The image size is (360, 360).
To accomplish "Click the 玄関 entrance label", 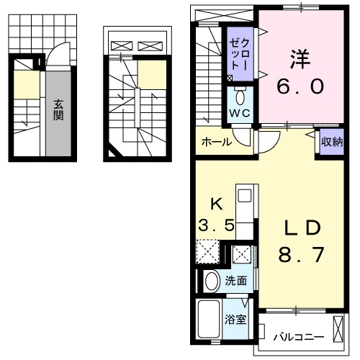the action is click(x=58, y=110).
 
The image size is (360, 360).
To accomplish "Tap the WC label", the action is click(x=240, y=113).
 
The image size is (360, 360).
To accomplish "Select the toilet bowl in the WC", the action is click(x=240, y=97).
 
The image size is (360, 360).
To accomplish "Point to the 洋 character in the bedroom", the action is click(x=300, y=59).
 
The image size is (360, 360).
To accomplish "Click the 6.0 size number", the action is click(x=300, y=86).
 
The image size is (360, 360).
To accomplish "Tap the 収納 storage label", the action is click(x=332, y=142).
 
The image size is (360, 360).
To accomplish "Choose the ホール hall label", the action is click(x=217, y=142).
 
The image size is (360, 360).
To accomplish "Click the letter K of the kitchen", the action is click(x=217, y=204).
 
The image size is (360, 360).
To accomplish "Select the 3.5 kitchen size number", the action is click(x=216, y=225).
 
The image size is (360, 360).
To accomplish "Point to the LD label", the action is click(x=302, y=228).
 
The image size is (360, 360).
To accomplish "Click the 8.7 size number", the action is click(x=302, y=255).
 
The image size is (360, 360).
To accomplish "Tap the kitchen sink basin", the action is click(x=244, y=195).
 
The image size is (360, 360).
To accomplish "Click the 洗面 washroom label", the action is click(x=236, y=281).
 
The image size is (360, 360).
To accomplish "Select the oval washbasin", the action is click(x=212, y=282).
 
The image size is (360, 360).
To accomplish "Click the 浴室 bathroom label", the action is click(x=235, y=320).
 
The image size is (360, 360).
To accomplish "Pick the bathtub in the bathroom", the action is click(x=209, y=319).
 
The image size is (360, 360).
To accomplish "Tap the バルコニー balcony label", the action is click(x=298, y=338).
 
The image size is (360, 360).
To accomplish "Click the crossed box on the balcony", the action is click(x=338, y=329).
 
